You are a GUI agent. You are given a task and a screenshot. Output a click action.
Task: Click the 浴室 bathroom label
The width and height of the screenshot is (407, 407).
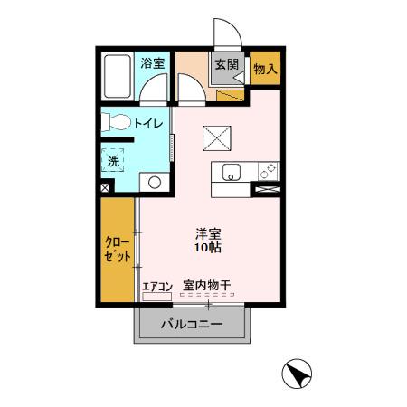153,63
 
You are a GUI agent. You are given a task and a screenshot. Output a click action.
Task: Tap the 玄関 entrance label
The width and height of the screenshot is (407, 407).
225,64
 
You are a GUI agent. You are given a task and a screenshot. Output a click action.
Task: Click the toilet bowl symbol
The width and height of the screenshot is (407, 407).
115,122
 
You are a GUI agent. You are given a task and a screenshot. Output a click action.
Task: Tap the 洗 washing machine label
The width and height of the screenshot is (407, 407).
114,160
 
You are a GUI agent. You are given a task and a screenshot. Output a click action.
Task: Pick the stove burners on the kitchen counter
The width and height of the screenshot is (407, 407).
268,169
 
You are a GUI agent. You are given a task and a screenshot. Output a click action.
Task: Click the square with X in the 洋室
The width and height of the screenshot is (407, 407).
217,137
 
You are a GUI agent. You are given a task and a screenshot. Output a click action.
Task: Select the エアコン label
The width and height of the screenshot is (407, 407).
156,286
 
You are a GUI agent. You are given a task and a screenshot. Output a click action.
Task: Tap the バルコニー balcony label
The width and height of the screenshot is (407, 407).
192,324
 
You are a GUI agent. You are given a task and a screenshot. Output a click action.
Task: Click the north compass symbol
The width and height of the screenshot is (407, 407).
297,373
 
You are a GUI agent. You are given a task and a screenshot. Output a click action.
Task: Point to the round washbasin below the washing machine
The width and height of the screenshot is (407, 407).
155,183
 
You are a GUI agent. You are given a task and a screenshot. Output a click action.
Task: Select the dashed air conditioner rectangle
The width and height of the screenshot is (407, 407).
156,296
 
